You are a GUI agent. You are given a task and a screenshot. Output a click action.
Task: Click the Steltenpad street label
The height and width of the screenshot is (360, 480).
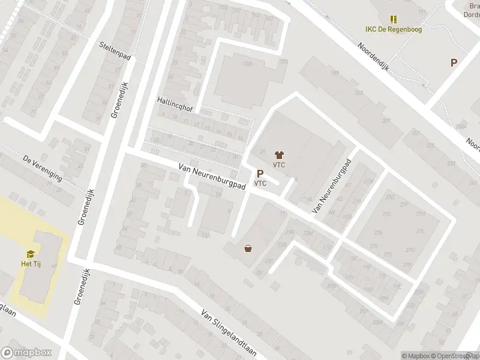coord(116,46)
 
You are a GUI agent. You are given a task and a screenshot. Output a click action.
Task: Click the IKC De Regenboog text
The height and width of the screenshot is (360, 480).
coord(394,29)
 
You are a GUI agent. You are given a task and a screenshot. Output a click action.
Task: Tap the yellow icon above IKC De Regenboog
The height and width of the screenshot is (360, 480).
coord(394,19)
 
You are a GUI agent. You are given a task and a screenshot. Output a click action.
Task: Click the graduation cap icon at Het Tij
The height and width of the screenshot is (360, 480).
coord(30,254)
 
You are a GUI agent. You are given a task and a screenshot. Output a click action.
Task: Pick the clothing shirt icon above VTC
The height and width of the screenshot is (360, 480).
coord(278,154)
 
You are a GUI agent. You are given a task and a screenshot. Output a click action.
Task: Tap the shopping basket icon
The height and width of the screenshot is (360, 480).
coord(248,248)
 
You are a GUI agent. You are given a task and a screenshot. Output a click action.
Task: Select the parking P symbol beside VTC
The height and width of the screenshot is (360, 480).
coord(260,173)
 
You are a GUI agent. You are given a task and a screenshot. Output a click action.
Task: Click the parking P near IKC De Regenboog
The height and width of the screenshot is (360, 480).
coord(454,62)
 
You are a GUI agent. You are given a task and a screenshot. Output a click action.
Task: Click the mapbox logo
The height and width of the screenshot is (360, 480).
coord(26,353)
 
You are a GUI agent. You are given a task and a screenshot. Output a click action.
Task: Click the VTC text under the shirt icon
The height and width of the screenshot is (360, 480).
coord(278,164)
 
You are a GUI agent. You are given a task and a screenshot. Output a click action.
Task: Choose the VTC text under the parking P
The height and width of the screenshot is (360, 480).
coord(260,184)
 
